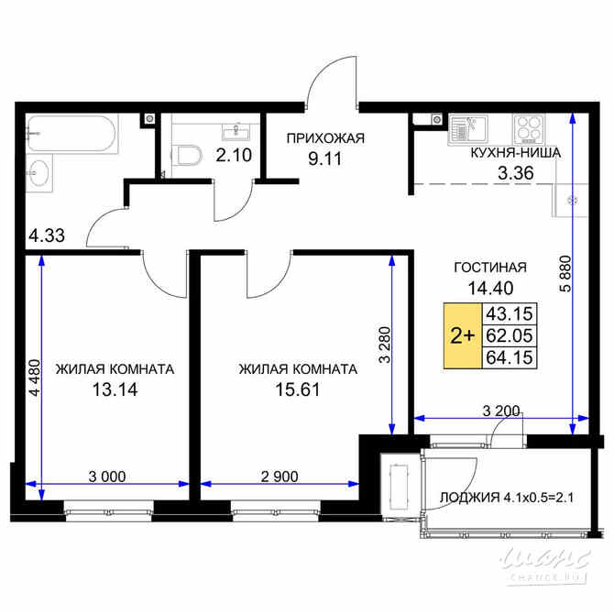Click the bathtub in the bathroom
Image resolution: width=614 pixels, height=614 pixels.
pyautogui.click(x=69, y=135)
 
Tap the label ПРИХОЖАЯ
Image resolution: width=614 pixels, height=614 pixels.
pyautogui.click(x=325, y=138)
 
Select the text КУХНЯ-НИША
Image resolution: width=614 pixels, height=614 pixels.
pyautogui.click(x=516, y=153)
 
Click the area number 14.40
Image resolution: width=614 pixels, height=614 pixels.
pyautogui.click(x=490, y=286)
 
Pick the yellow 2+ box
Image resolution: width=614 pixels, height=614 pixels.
pyautogui.click(x=461, y=335)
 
